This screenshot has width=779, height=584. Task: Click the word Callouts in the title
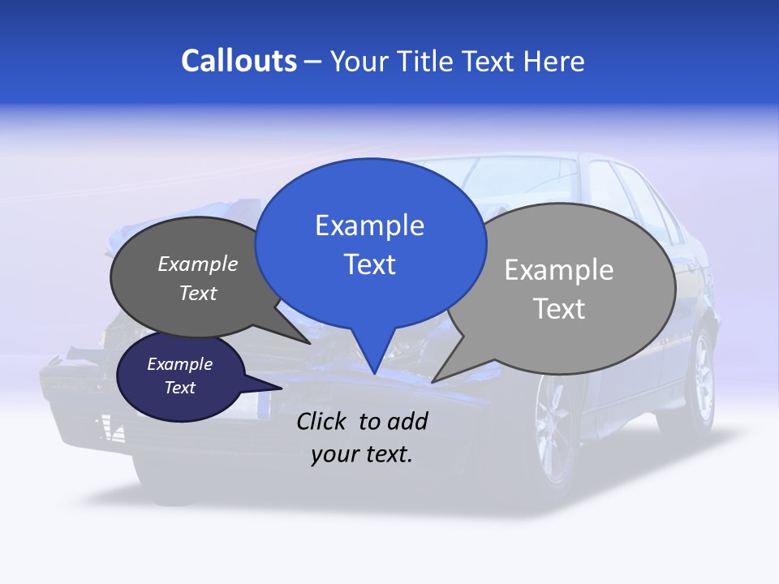click(x=239, y=61)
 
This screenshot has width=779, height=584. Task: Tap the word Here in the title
click(x=554, y=61)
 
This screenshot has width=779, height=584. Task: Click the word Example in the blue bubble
click(x=370, y=225)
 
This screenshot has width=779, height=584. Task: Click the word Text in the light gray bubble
click(x=559, y=309)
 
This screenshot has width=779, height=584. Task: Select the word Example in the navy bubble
click(x=180, y=364)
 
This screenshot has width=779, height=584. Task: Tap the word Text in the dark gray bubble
click(x=198, y=293)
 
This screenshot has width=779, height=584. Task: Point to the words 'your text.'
click(x=362, y=455)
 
